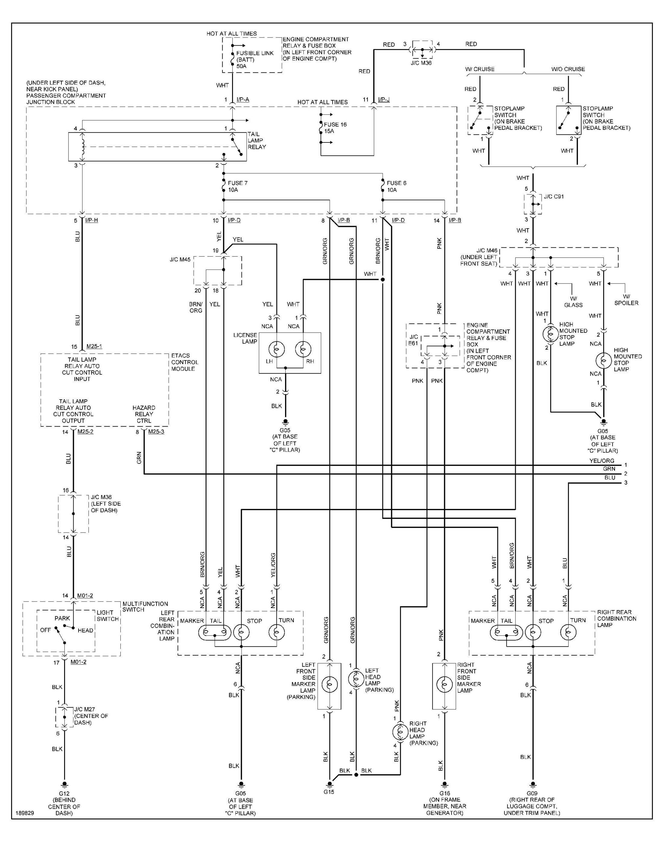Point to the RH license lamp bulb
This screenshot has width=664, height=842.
point(303,350)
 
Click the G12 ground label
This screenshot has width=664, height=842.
point(64,793)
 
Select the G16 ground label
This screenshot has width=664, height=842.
point(444,793)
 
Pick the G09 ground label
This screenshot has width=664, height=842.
point(532,793)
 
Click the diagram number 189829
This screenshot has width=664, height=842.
point(25,813)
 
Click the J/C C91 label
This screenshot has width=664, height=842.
point(554,196)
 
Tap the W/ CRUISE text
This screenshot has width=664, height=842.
point(480,69)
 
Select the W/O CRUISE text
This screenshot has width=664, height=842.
point(568,69)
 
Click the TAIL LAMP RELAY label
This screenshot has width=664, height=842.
point(257,140)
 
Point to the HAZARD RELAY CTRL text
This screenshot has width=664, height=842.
point(144,414)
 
